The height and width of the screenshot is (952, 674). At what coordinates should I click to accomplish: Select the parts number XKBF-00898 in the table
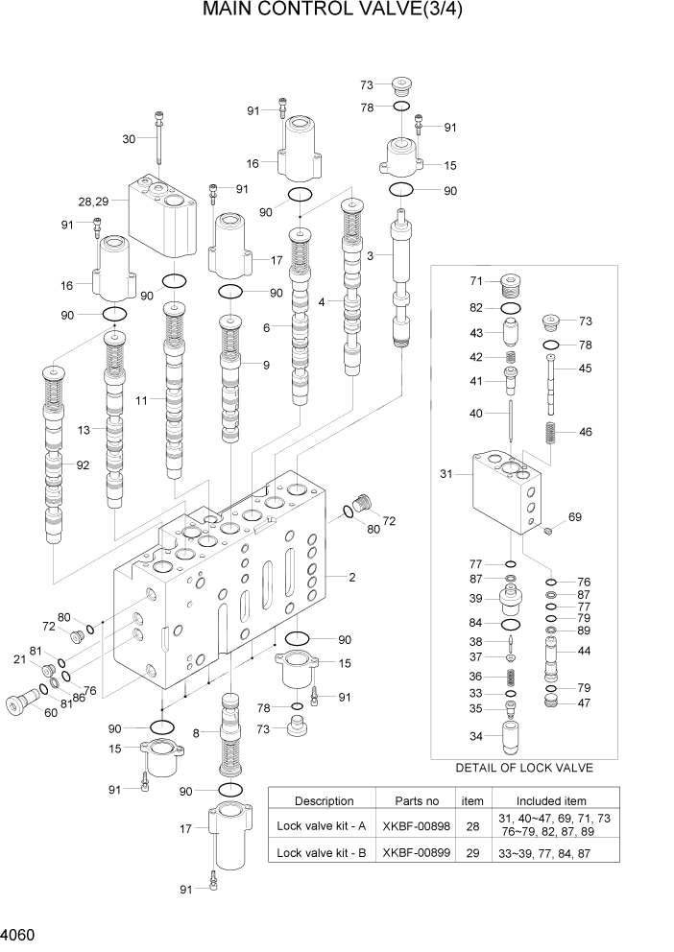(x=418, y=824)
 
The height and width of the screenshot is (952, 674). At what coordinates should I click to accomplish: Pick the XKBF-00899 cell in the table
(x=418, y=851)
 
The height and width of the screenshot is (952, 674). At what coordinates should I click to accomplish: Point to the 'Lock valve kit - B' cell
(x=324, y=851)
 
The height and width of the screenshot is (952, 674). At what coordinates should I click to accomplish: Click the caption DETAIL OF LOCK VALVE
(x=524, y=768)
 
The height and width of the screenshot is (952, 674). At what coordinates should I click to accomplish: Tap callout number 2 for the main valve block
(x=352, y=578)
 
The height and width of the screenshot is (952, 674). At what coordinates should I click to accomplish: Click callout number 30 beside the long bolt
(x=129, y=138)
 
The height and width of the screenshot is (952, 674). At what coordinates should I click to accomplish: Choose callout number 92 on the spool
(x=83, y=465)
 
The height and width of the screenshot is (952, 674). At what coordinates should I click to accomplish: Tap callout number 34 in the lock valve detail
(x=475, y=737)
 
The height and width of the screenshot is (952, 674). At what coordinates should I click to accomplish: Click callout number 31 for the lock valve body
(x=445, y=473)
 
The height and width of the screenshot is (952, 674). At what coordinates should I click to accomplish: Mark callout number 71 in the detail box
(x=475, y=281)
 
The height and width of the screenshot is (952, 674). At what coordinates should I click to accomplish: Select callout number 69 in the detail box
(x=575, y=517)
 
